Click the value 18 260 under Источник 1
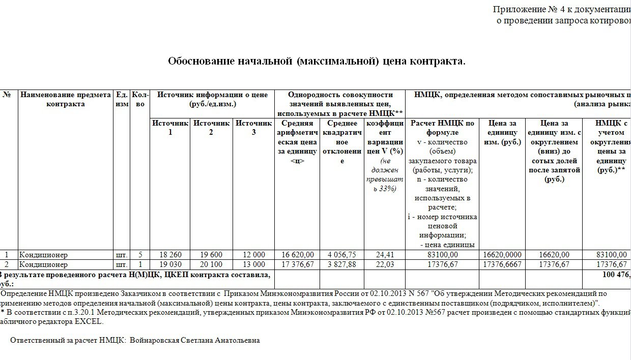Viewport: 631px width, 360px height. tap(170, 255)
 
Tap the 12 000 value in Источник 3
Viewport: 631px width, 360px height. tap(254, 255)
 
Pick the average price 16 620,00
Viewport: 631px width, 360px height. tap(297, 255)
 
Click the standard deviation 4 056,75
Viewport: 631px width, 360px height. tap(342, 255)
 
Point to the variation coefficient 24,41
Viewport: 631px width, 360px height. tap(384, 255)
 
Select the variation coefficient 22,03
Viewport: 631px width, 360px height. tap(384, 264)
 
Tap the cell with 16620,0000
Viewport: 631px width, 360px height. tap(502, 255)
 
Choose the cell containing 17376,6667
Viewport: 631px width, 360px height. tap(502, 264)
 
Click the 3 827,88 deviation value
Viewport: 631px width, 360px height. tap(342, 264)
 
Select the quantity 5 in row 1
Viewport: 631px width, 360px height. tap(140, 255)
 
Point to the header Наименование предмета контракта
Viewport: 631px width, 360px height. tap(65, 99)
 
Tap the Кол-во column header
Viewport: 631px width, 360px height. tap(140, 99)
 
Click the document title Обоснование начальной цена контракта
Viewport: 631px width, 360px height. tap(317, 62)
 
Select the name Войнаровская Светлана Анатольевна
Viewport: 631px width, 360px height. tap(195, 340)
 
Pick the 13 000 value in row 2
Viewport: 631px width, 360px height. tap(254, 264)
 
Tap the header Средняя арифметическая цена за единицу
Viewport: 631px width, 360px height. tap(297, 142)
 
